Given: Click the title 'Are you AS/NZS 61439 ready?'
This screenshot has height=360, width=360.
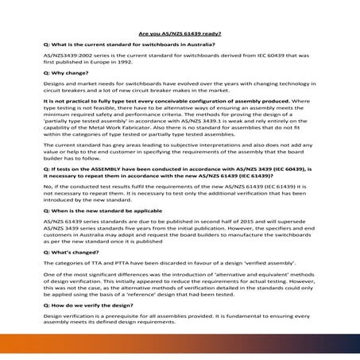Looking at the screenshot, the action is tap(180, 34).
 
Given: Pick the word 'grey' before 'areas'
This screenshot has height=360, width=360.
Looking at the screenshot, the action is tap(113, 168).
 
